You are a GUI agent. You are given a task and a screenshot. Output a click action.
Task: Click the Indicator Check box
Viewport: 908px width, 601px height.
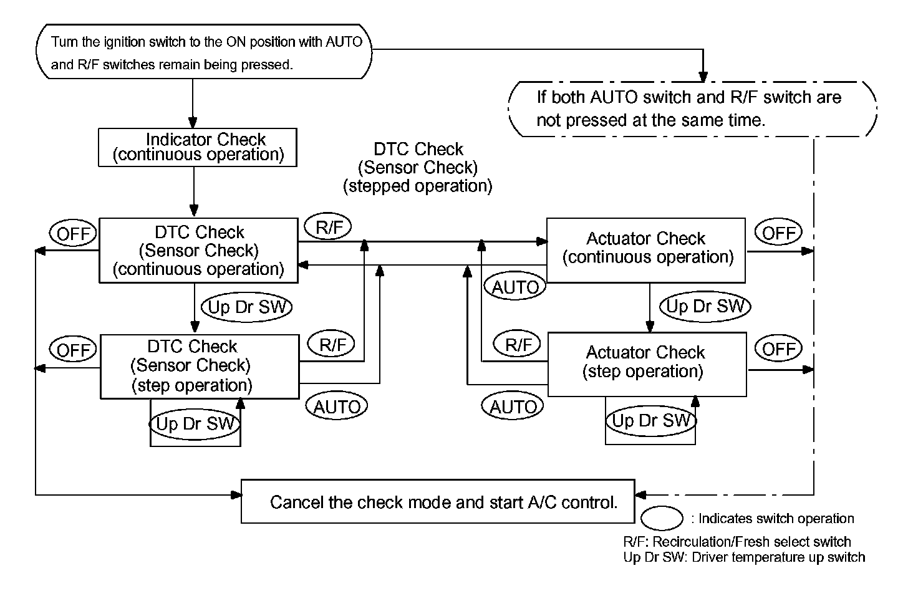(198, 148)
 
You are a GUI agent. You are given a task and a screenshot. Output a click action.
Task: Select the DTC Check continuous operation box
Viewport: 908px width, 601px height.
(198, 251)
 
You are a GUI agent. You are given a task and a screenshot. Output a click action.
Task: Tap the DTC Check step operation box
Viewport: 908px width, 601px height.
(200, 367)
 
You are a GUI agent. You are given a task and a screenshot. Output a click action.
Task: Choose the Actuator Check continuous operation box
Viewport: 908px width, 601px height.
(645, 250)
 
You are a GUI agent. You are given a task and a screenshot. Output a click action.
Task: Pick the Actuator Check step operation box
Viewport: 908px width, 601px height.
(647, 364)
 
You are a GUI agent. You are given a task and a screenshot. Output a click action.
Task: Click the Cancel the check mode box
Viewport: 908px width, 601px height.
(438, 501)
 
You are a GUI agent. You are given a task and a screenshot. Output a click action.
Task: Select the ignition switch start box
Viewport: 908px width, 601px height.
(204, 52)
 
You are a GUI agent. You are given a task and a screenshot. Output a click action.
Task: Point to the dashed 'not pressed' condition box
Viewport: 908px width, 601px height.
(692, 109)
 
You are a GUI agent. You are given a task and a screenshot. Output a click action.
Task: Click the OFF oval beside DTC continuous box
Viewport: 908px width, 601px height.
(73, 233)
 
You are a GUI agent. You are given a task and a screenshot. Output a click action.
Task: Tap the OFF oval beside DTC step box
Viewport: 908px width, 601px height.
(73, 349)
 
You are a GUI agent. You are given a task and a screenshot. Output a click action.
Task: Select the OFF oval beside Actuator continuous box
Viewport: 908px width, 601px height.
(778, 232)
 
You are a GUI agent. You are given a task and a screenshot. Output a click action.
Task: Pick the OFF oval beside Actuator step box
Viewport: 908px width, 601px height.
(778, 349)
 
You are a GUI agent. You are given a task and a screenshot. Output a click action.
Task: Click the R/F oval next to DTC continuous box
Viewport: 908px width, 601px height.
(328, 226)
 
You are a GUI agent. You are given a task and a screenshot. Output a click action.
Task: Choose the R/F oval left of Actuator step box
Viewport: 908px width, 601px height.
(517, 344)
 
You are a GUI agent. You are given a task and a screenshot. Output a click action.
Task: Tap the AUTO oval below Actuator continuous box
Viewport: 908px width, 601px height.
(515, 286)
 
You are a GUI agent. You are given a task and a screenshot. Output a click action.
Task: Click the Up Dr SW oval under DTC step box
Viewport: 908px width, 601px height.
(195, 424)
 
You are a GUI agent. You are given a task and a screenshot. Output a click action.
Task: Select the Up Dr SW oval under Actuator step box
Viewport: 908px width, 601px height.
(651, 421)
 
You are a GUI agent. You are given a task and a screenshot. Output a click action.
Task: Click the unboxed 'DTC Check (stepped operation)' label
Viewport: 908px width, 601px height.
(418, 167)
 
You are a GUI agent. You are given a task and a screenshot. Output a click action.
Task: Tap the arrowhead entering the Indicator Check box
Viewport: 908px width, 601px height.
(193, 122)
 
